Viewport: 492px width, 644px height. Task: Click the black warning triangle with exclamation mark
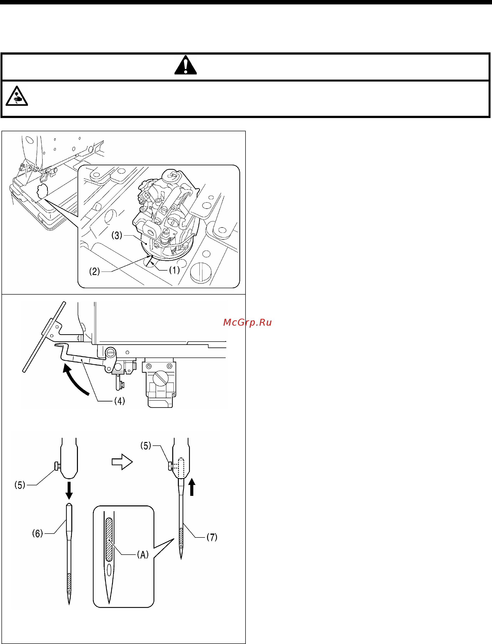[185, 65]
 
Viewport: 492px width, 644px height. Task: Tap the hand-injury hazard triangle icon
[17, 96]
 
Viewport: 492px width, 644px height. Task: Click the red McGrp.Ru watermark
[247, 322]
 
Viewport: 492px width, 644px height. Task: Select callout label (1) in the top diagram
[174, 270]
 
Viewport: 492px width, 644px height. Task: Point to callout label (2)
[95, 272]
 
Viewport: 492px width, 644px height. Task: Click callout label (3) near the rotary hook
[117, 235]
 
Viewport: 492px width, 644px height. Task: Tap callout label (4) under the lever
[120, 401]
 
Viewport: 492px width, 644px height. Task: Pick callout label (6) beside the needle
[37, 533]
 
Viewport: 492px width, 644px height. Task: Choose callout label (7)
[212, 537]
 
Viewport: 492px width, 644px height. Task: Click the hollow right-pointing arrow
[122, 462]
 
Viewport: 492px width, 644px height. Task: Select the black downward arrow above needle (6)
[69, 490]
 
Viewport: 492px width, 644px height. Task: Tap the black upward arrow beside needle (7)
[192, 487]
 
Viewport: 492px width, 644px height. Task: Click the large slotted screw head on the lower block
[161, 378]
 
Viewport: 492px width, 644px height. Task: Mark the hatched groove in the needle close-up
[109, 539]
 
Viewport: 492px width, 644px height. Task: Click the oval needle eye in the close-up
[109, 570]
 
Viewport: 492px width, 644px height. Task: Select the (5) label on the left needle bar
[20, 485]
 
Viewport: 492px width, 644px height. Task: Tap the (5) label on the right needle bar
[146, 446]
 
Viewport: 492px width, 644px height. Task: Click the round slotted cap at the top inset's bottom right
[201, 272]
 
